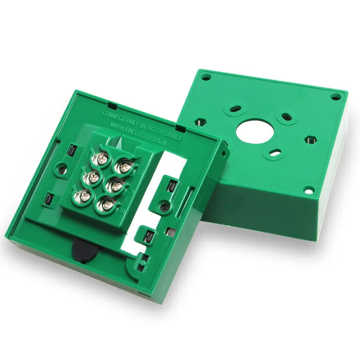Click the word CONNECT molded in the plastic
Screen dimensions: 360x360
pyautogui.click(x=115, y=115)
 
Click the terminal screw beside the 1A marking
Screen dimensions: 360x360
pyautogui.click(x=124, y=167)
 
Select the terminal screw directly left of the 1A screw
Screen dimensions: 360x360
pyautogui.click(x=102, y=157)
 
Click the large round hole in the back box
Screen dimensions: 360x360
pyautogui.click(x=250, y=129)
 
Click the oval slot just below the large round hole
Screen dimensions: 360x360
pyautogui.click(x=275, y=153)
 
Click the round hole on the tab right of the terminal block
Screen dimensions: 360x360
pyautogui.click(x=164, y=207)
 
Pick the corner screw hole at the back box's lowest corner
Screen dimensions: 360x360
pyautogui.click(x=308, y=190)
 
